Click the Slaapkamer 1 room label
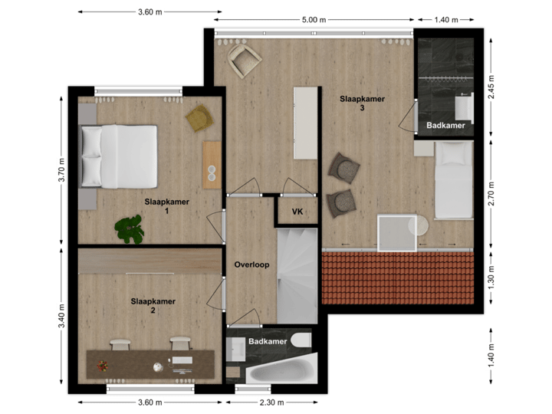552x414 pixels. coord(166,206)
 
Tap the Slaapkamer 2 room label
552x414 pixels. coord(153,306)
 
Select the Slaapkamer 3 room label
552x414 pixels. coord(362,103)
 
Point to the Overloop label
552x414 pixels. coord(251,264)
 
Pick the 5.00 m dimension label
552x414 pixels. coord(314,20)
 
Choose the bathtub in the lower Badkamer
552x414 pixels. coord(281,373)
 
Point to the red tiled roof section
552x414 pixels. coord(398,278)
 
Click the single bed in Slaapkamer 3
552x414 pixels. coord(453,179)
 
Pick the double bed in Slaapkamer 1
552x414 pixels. coord(120,157)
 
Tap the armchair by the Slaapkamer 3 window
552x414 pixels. coord(244,58)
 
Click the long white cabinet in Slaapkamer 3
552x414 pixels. coord(305,122)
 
